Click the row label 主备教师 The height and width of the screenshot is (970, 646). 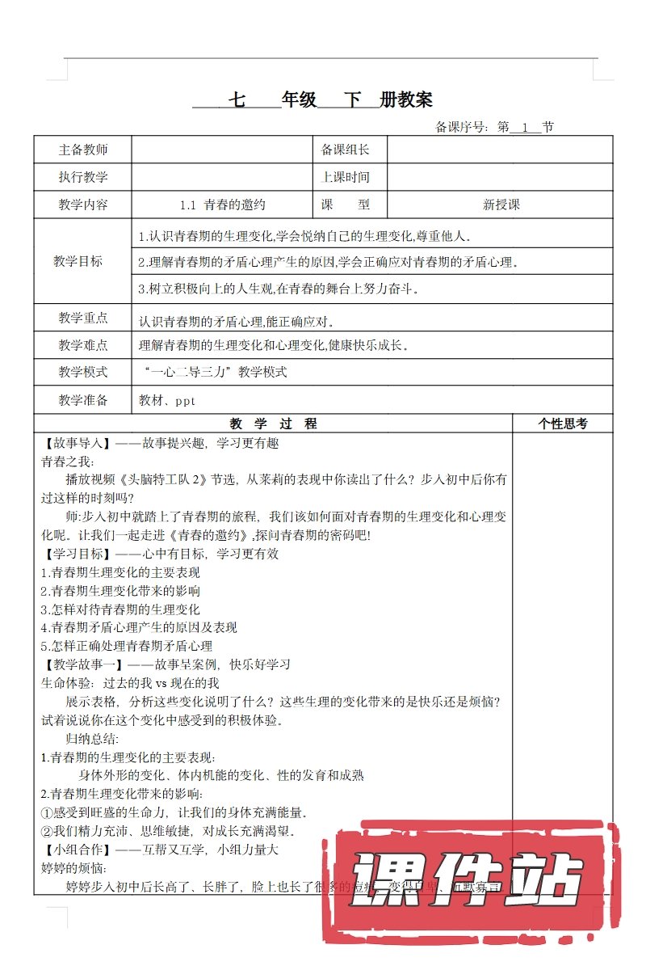point(83,150)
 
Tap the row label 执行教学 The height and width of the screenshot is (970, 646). point(83,177)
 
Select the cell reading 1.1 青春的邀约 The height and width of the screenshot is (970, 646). point(222,205)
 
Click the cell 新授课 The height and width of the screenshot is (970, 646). point(501,205)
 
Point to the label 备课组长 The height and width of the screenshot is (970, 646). point(346,150)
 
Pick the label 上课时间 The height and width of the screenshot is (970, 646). point(346,177)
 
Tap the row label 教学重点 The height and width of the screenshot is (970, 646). point(83,318)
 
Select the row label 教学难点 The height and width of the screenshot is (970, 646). point(83,345)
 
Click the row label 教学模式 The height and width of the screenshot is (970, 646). point(83,372)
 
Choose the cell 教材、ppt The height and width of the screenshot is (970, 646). point(167,400)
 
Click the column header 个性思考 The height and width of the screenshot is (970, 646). point(562,423)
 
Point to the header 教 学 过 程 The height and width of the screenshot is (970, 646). point(273,423)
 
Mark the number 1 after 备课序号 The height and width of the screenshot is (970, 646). point(526,127)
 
